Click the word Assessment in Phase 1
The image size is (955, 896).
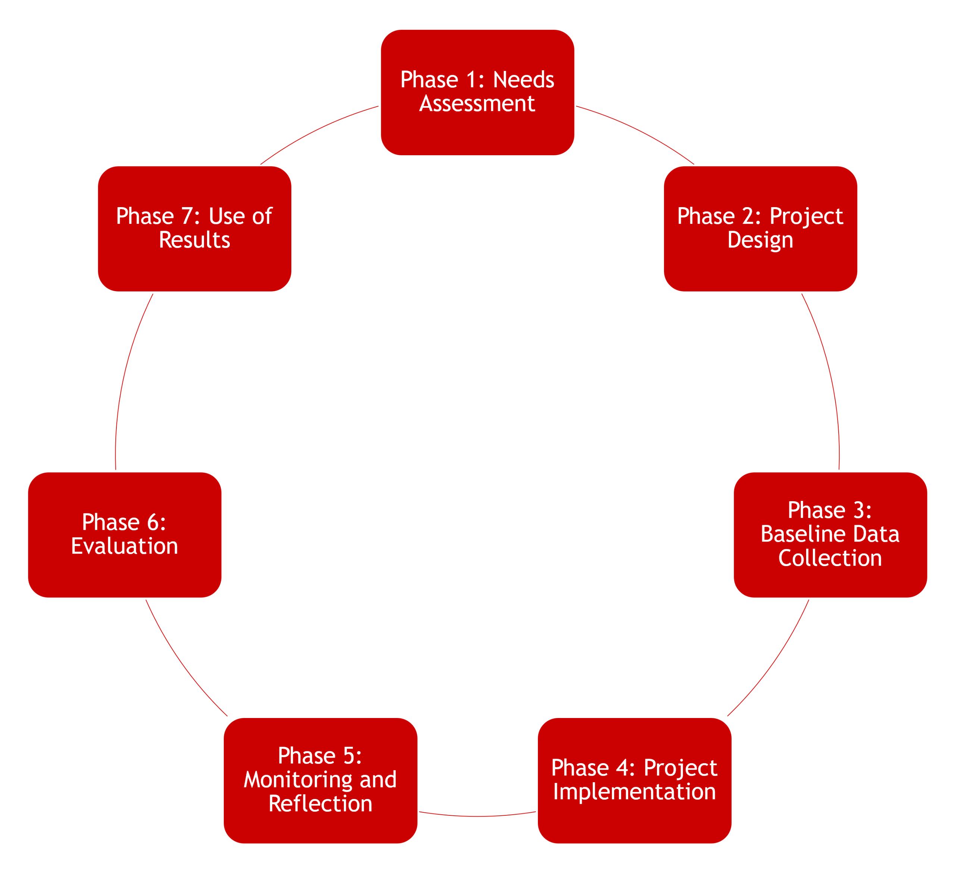[477, 104]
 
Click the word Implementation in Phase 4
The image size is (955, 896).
[634, 792]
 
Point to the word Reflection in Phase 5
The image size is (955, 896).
[320, 804]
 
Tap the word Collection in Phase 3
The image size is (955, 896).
[830, 558]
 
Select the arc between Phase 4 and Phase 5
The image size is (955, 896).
[477, 816]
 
